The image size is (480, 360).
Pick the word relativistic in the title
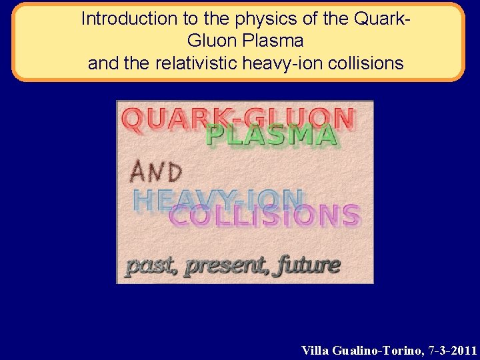point(193,64)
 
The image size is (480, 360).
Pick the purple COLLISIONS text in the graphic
point(265,215)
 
